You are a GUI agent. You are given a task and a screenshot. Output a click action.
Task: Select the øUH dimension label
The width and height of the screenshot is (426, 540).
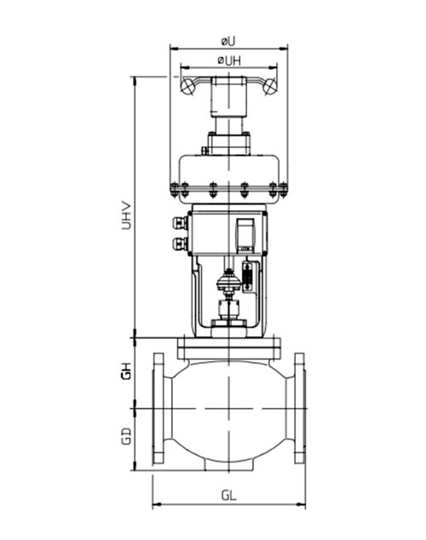tap(228, 60)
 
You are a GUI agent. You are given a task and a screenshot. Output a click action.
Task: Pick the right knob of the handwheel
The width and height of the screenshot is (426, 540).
tap(270, 84)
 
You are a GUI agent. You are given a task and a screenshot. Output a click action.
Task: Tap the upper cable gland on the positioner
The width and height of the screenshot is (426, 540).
tap(179, 224)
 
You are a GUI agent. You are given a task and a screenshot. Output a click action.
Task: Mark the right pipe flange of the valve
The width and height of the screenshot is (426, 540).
tap(299, 408)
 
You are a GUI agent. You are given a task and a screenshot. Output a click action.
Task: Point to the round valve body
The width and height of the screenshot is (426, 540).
tap(228, 413)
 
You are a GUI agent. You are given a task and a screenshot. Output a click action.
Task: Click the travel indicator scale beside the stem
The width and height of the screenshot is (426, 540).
tap(248, 277)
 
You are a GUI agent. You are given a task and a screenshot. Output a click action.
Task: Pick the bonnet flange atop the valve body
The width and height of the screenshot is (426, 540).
tap(228, 347)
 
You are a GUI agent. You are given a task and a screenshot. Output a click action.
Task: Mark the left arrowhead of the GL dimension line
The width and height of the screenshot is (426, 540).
tap(154, 503)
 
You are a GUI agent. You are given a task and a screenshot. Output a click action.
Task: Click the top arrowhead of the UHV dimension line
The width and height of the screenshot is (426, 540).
tap(134, 78)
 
